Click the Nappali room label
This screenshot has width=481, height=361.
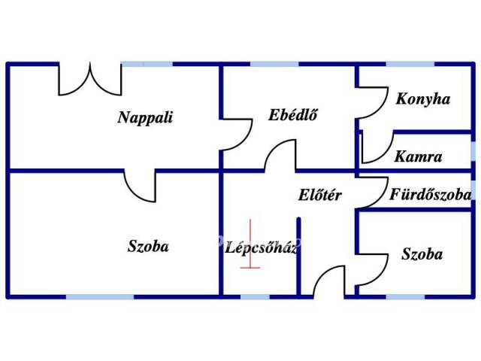[x=145, y=117]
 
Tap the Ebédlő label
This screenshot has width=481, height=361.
[x=292, y=115]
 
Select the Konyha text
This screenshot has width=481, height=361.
[x=423, y=99]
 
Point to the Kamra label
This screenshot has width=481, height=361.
[x=419, y=157]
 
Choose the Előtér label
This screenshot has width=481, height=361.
[x=320, y=196]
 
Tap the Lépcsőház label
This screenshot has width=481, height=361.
[x=262, y=247]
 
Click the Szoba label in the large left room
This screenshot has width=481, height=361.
[x=148, y=246]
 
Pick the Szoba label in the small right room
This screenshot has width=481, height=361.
[x=422, y=254]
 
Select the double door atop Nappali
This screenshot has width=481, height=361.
[x=90, y=80]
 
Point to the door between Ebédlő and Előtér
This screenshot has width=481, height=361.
[x=279, y=156]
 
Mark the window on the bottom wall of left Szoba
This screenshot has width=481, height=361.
[x=100, y=297]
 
